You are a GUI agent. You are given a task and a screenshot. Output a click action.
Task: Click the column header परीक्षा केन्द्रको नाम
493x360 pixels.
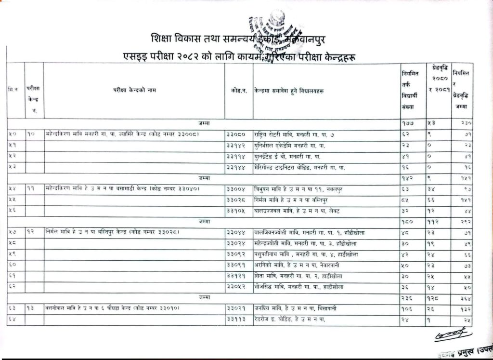click(x=134, y=90)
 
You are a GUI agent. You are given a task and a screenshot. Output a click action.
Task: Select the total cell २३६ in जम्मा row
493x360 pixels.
click(x=407, y=297)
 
